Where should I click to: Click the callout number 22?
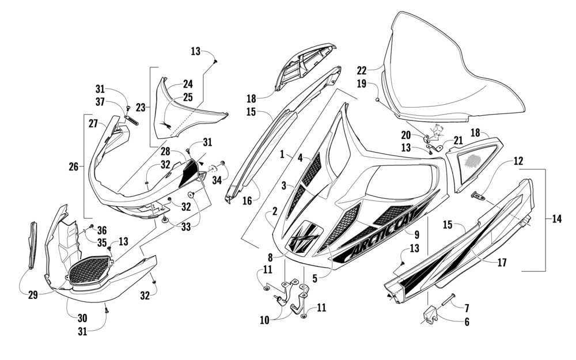coord(361,70)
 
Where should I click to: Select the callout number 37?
coord(100,102)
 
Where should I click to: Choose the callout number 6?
coord(466,322)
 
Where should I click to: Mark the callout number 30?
coord(83,317)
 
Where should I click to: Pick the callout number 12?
coord(518,161)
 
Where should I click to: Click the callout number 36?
coord(102,229)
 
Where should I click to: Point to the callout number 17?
coord(502,263)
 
